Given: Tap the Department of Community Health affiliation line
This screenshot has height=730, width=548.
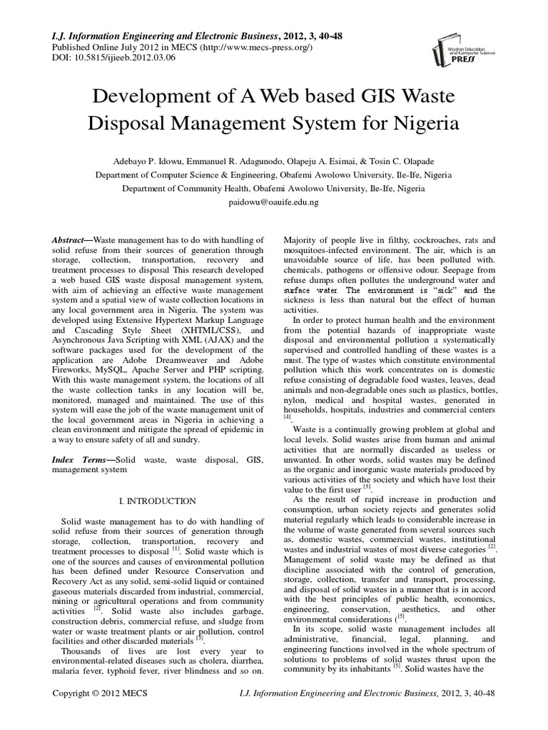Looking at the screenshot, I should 273,189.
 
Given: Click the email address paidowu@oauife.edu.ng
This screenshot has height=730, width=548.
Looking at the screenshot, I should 273,202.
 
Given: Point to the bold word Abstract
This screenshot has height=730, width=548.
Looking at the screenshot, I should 72,242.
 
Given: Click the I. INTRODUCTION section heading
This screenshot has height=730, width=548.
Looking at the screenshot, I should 159,501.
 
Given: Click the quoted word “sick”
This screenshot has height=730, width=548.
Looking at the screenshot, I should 447,291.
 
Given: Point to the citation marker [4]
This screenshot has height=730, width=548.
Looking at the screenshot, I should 288,418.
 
